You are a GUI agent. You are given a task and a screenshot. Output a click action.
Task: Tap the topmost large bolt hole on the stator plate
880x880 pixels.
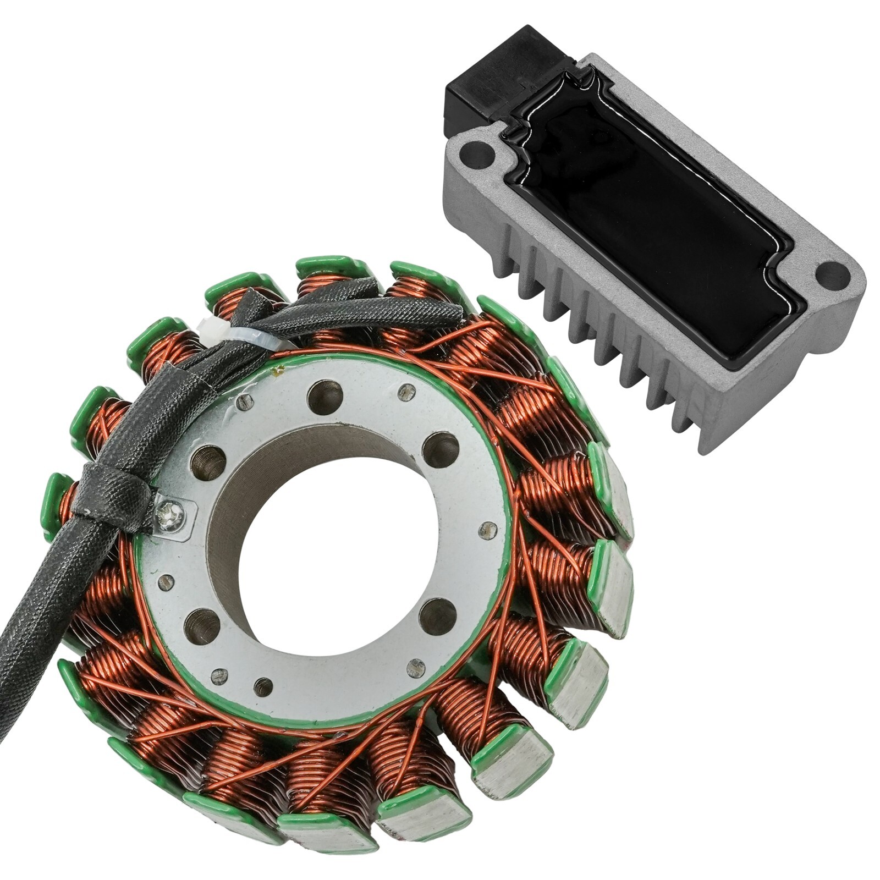(x=326, y=396)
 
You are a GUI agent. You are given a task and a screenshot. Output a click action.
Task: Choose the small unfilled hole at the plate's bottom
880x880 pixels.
(x=264, y=686)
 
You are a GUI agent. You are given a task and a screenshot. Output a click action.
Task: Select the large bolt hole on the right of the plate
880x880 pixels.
(x=441, y=449)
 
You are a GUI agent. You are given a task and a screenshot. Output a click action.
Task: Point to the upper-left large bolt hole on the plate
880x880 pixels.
(x=208, y=461)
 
